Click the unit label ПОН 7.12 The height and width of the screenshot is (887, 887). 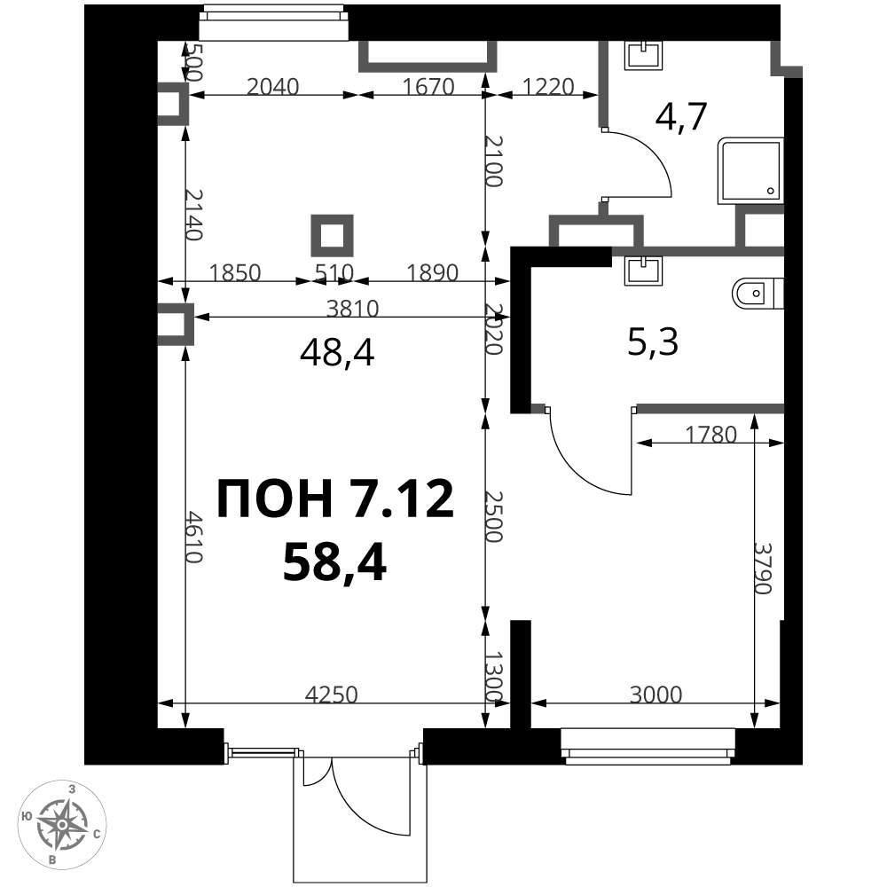click(x=335, y=498)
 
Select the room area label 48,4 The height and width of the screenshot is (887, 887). click(x=337, y=355)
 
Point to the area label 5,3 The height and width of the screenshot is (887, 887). click(x=653, y=342)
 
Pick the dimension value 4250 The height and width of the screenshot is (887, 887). click(x=332, y=695)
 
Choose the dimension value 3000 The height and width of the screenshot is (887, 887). click(x=656, y=695)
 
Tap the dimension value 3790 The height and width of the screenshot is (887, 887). click(x=763, y=568)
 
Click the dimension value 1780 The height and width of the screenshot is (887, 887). click(x=711, y=435)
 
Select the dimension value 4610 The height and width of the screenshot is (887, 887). click(x=194, y=538)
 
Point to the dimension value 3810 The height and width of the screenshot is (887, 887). click(x=352, y=309)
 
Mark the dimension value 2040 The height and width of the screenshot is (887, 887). click(x=273, y=87)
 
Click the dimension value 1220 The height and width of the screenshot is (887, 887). click(x=547, y=87)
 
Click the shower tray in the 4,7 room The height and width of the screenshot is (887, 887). click(x=750, y=170)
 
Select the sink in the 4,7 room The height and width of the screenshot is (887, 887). click(x=644, y=55)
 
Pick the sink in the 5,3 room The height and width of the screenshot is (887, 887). click(x=644, y=271)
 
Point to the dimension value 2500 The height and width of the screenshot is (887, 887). click(x=494, y=516)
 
